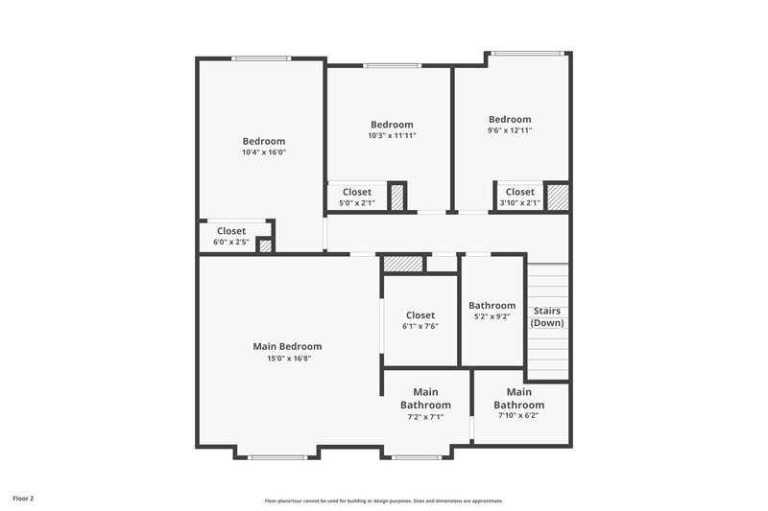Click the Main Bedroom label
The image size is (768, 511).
[x=287, y=346]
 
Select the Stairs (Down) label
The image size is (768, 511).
[x=547, y=316]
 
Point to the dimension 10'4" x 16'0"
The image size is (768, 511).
[x=264, y=152]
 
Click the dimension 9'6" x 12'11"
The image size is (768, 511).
[x=509, y=130]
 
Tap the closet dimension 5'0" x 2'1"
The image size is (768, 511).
[x=357, y=203]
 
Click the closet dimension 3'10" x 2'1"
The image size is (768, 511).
[x=520, y=203]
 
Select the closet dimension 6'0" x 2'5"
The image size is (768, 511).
[x=231, y=242]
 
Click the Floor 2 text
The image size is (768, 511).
[x=23, y=499]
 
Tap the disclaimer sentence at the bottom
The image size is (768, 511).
[x=384, y=500]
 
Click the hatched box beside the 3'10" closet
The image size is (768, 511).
[x=558, y=197]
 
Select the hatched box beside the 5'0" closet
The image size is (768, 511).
[x=397, y=197]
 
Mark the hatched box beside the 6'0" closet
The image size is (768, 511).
[x=265, y=246]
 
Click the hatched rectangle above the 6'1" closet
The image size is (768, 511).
[x=403, y=264]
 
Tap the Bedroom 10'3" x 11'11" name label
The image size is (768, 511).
[x=392, y=125]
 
